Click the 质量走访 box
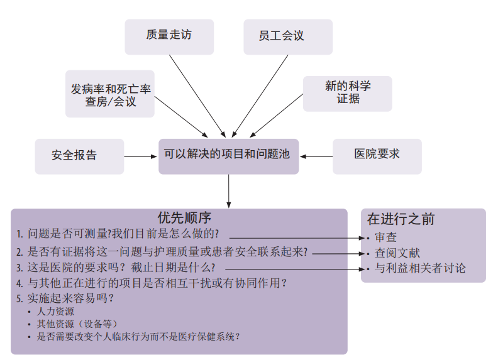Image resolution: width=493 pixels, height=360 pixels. click(x=169, y=36)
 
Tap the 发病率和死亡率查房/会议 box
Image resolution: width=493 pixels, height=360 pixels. click(x=110, y=94)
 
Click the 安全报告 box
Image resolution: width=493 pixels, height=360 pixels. click(x=74, y=155)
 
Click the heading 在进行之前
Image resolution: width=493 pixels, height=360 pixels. click(x=401, y=219)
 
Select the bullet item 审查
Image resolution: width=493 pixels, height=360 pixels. click(x=385, y=237)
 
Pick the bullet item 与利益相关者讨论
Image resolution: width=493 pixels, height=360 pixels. click(x=420, y=269)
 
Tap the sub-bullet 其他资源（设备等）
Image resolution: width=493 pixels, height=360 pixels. click(x=77, y=324)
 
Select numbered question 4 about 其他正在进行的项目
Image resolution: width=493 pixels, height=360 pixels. click(x=151, y=283)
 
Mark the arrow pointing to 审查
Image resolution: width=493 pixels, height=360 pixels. click(x=296, y=238)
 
